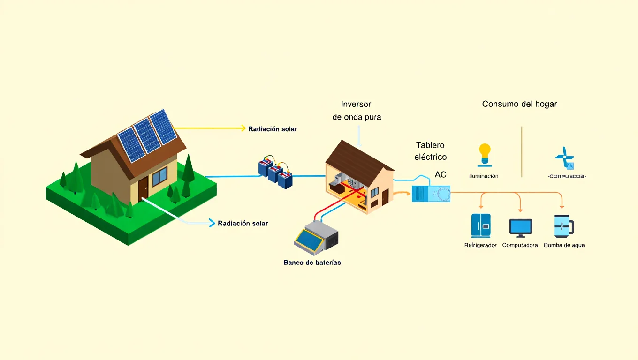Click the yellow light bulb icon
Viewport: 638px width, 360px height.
coord(484,153)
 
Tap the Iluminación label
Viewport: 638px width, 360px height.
coord(484,176)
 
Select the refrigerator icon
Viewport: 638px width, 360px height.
coord(481,225)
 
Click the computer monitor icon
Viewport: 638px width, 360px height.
coord(521,227)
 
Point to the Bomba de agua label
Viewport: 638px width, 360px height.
coord(564,245)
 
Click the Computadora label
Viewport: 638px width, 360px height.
coord(520,245)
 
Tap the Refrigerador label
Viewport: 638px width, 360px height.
coord(480,245)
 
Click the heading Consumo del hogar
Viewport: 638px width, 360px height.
coord(519,104)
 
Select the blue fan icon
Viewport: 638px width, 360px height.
coord(564,158)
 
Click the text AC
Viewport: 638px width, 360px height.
coord(441,174)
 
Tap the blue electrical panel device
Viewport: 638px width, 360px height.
coord(431,193)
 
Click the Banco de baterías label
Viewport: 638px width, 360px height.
coord(312,262)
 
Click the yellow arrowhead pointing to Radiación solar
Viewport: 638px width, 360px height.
coord(243,128)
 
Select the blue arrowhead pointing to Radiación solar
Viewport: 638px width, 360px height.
coord(212,223)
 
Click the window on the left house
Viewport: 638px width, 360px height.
coord(159,176)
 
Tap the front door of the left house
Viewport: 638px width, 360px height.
coord(143,188)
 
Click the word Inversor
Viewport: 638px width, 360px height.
coord(356,104)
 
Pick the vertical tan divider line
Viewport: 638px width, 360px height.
coord(522,151)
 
